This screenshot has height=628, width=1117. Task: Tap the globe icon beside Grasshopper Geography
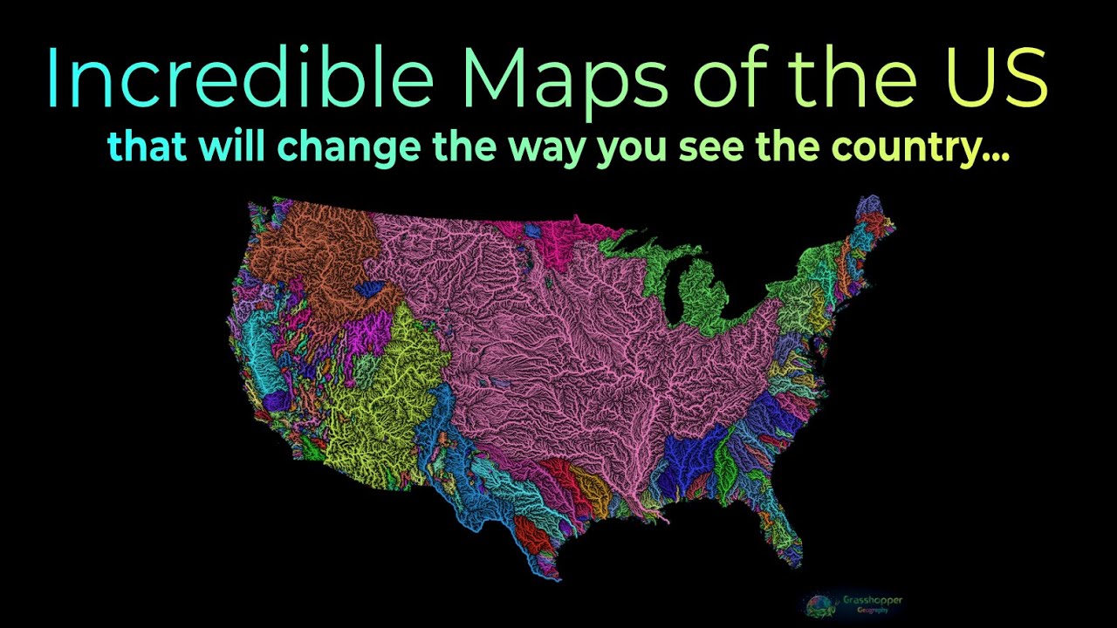[x=819, y=604]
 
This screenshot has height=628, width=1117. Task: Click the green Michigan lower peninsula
[x=698, y=297]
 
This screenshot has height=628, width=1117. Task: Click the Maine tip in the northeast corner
[x=873, y=214]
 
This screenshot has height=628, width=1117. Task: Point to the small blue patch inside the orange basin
[x=369, y=288]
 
